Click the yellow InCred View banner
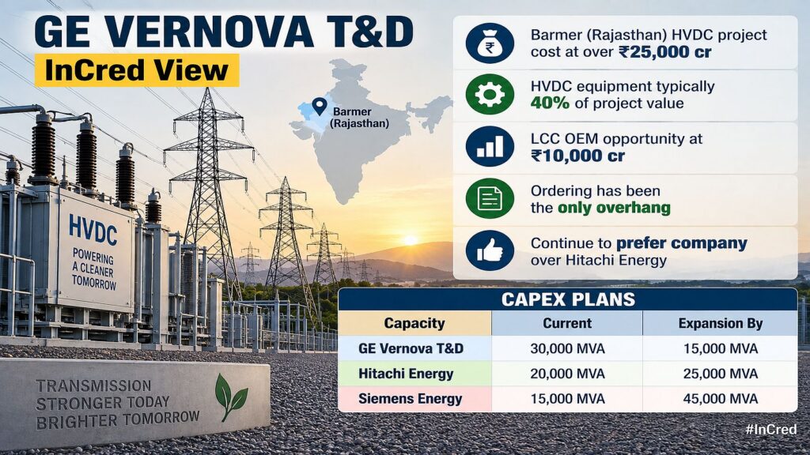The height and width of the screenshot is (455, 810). pyautogui.click(x=137, y=70)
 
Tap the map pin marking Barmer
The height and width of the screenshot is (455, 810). pyautogui.click(x=320, y=106)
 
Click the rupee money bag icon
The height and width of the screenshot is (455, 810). pyautogui.click(x=490, y=43)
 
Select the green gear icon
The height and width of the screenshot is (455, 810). pyautogui.click(x=490, y=95)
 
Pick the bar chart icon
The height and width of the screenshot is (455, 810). pyautogui.click(x=490, y=146)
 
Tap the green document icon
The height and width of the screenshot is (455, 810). pyautogui.click(x=490, y=198)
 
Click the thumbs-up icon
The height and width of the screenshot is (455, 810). pyautogui.click(x=490, y=250)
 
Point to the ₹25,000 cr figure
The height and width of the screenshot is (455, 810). pyautogui.click(x=664, y=52)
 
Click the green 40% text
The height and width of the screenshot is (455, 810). pyautogui.click(x=550, y=103)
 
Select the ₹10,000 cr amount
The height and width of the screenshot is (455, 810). pyautogui.click(x=577, y=156)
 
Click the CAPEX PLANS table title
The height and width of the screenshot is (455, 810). pyautogui.click(x=568, y=299)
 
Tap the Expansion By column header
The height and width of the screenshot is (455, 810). pyautogui.click(x=720, y=323)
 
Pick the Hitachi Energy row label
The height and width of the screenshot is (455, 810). pyautogui.click(x=406, y=374)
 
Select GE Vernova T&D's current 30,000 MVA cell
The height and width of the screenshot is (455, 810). pyautogui.click(x=567, y=348)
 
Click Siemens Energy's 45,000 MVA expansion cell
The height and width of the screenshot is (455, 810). pyautogui.click(x=720, y=399)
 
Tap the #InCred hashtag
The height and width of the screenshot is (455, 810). pyautogui.click(x=770, y=429)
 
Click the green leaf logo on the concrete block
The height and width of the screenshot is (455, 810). pyautogui.click(x=230, y=397)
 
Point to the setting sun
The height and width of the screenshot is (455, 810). pyautogui.click(x=411, y=240)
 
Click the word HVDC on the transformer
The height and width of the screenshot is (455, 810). pyautogui.click(x=93, y=230)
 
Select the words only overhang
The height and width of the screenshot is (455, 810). pyautogui.click(x=614, y=208)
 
